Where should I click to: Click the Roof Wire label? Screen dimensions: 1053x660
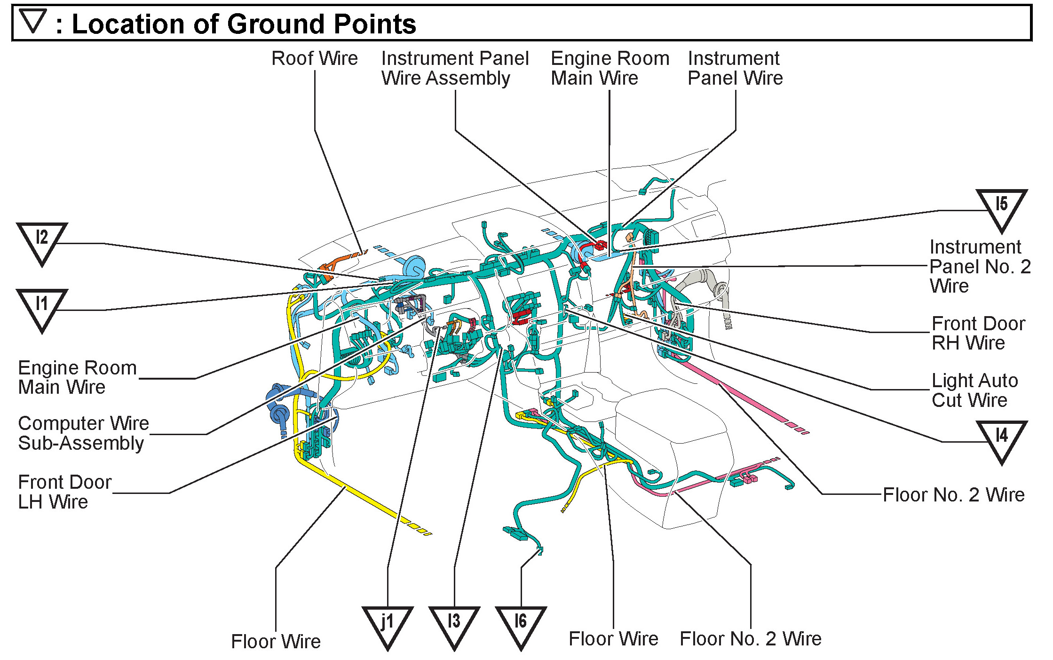tap(315, 59)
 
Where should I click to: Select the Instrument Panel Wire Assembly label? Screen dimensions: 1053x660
tap(454, 68)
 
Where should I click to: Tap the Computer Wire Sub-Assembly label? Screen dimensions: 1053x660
tap(83, 433)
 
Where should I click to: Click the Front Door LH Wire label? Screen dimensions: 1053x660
tap(64, 492)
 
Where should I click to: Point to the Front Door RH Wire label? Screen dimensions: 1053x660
tap(978, 333)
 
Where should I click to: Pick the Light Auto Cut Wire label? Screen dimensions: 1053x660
tap(974, 390)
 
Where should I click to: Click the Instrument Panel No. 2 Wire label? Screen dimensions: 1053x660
tap(980, 266)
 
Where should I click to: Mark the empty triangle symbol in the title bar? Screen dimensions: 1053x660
tap(33, 20)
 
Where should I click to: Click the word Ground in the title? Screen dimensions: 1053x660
tap(275, 24)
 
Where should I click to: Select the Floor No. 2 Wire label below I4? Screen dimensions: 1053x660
tap(953, 494)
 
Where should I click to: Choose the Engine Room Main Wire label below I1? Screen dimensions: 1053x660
tap(77, 377)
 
